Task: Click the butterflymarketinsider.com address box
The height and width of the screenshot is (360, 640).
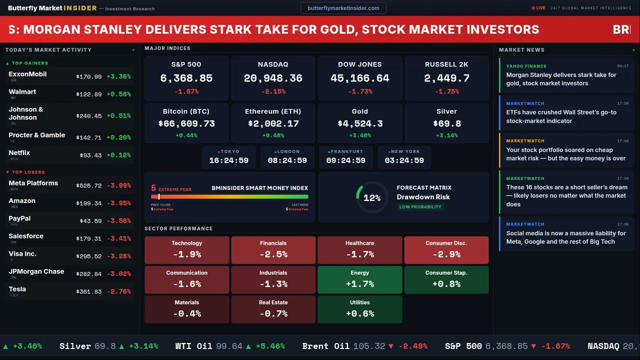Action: point(343,8)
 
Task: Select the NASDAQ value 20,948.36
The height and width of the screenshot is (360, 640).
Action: point(273,78)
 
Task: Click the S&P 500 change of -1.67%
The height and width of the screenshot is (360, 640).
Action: point(186,91)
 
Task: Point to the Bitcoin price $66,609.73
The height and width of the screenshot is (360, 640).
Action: point(186,123)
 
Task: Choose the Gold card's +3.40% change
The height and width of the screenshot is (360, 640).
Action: point(360,135)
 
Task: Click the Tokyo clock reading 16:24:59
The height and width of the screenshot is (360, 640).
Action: point(228,160)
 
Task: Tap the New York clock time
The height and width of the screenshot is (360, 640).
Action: point(404,160)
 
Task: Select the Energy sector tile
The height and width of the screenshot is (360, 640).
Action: point(360,279)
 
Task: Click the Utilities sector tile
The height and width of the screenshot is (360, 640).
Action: point(360,309)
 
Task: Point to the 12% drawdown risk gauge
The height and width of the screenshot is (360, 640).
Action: point(372,198)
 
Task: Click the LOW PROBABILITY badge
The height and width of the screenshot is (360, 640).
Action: point(420,207)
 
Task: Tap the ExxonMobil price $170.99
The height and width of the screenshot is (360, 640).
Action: point(89,77)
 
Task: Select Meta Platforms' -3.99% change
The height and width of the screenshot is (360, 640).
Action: point(119,185)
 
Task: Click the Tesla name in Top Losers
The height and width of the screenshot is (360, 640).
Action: point(17,289)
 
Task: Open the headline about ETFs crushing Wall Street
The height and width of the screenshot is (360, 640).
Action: point(561,116)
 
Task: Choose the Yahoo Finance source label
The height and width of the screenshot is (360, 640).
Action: point(526,66)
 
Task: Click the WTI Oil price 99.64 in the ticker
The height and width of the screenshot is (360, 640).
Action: point(230,346)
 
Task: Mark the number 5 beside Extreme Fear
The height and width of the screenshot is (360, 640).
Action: point(153,188)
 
